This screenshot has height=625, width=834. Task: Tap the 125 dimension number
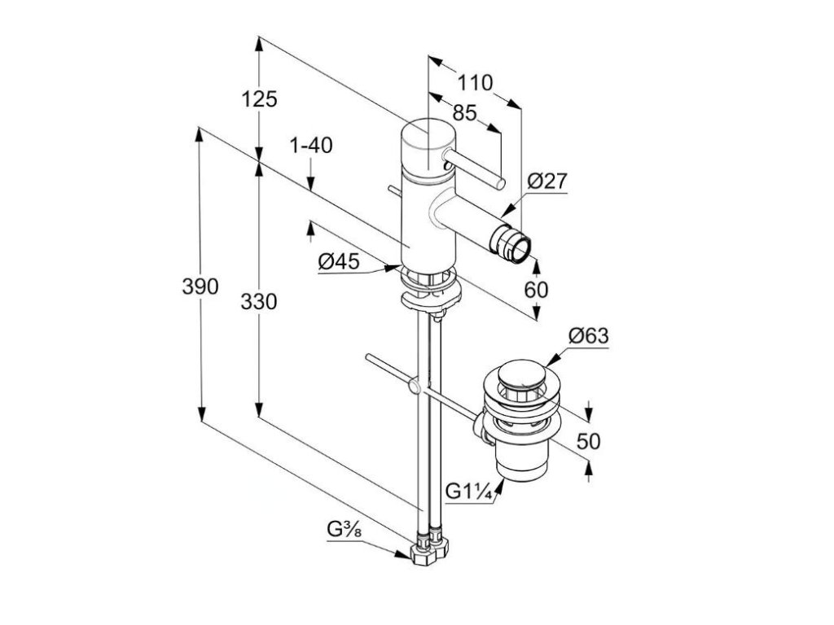click(260, 99)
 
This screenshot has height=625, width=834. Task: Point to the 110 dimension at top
click(475, 83)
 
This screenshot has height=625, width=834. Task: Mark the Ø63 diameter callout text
click(588, 335)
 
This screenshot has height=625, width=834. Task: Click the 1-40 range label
click(311, 146)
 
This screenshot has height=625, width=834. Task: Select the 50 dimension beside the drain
click(588, 441)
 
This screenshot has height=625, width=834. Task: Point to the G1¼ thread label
click(467, 492)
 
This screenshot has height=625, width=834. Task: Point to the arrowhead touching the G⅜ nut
click(410, 553)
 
